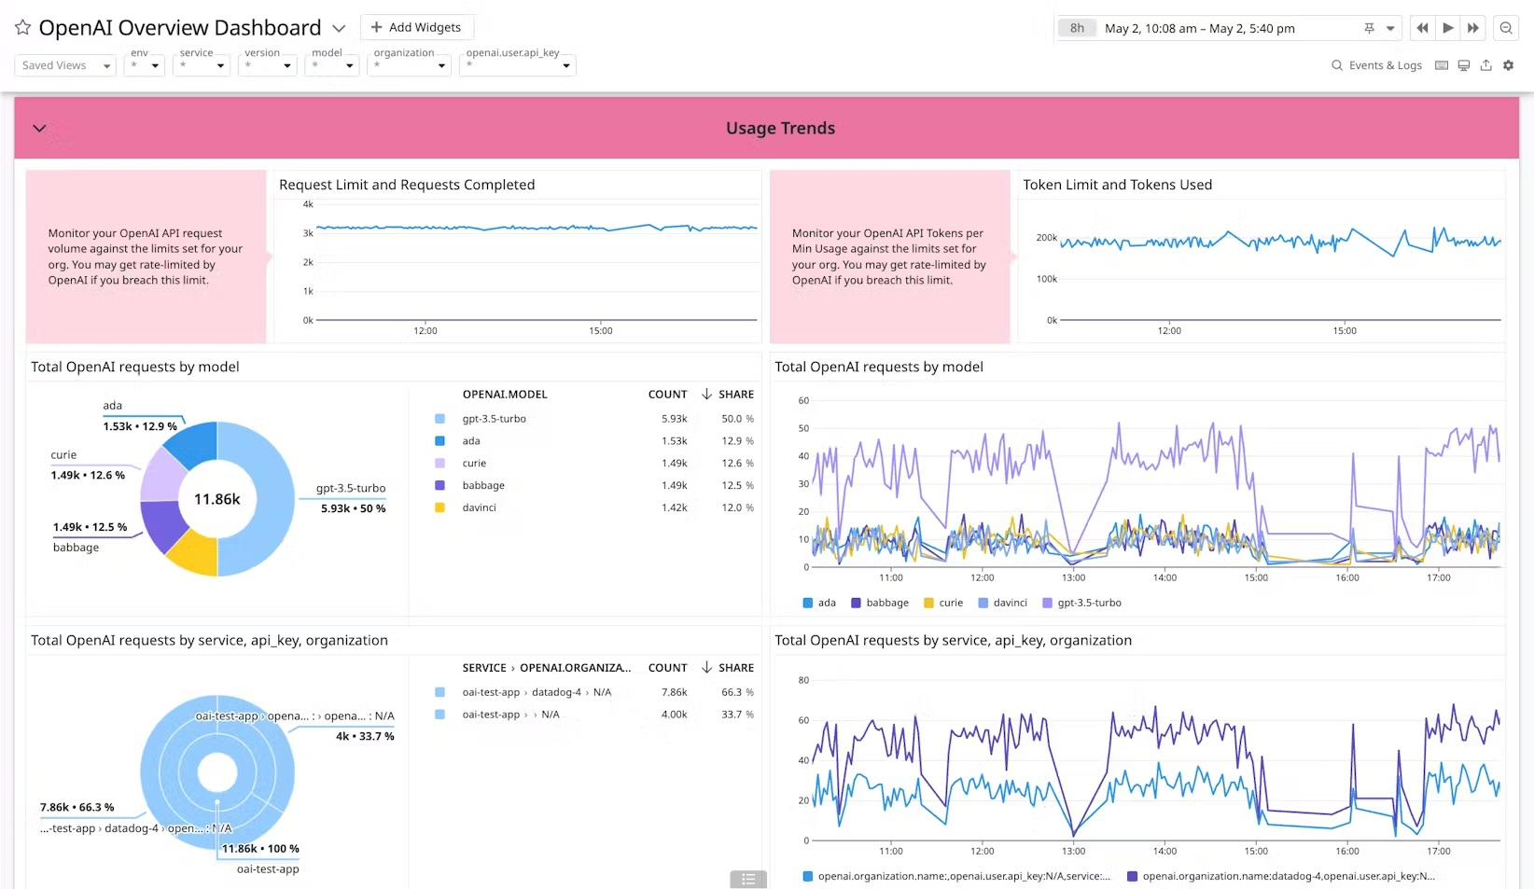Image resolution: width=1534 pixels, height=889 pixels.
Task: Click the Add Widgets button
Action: click(x=416, y=27)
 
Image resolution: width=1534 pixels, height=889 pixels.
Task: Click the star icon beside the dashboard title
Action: click(x=22, y=28)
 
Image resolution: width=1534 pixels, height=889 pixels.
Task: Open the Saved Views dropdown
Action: click(x=64, y=65)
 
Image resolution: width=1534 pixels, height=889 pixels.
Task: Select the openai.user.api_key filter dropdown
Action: click(x=517, y=65)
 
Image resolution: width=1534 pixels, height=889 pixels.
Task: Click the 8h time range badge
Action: click(x=1077, y=28)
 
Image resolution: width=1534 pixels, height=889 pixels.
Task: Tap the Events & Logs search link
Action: click(x=1376, y=65)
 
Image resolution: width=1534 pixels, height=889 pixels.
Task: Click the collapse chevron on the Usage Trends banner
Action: click(x=39, y=128)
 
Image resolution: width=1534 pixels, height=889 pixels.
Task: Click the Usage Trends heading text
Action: click(x=780, y=128)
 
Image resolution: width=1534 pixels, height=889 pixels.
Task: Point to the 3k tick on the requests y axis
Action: click(x=308, y=233)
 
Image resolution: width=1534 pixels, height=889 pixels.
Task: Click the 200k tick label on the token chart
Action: click(x=1046, y=238)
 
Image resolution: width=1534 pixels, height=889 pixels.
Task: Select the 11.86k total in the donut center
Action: click(x=216, y=499)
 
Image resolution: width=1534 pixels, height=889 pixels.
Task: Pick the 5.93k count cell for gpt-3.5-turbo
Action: click(x=674, y=419)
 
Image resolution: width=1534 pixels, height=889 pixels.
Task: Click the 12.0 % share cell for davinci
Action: click(x=736, y=507)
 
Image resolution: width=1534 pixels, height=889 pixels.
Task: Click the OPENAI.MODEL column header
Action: click(x=505, y=395)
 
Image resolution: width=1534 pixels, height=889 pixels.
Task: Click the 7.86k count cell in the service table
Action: click(x=674, y=692)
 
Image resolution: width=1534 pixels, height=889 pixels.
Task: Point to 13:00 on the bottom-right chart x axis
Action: click(x=1073, y=851)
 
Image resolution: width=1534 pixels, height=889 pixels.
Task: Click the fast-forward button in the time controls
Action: click(x=1472, y=28)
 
